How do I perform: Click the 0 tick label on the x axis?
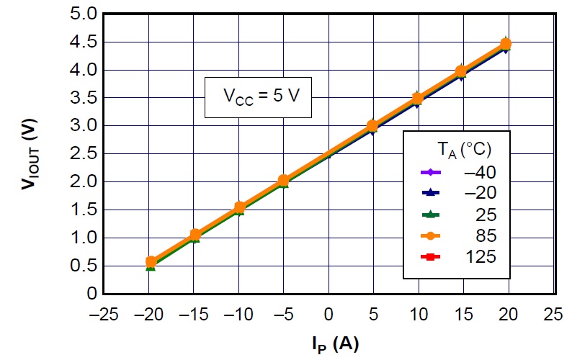click(x=329, y=315)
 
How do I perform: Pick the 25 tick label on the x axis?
click(x=553, y=315)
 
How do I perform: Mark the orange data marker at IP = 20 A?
click(x=506, y=44)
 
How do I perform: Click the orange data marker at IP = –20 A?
click(x=151, y=262)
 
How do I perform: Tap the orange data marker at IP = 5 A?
click(x=372, y=126)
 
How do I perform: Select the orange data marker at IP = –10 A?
click(x=239, y=207)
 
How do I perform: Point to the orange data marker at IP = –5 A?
click(x=284, y=180)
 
